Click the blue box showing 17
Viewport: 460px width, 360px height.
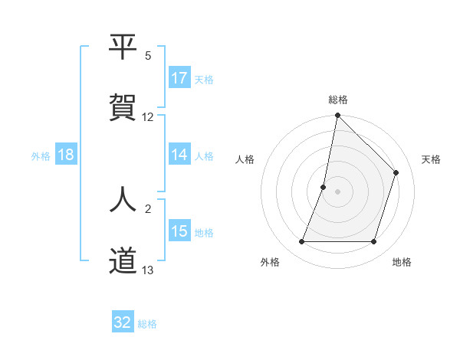pos(179,78)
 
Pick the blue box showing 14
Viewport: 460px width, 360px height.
pos(179,155)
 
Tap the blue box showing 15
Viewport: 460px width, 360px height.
pos(179,232)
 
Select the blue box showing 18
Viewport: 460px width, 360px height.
pos(66,155)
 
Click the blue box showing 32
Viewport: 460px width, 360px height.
pos(123,322)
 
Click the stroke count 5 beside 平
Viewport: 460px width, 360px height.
pos(148,55)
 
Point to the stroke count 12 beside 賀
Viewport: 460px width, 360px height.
pos(148,117)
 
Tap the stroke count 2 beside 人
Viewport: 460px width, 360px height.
pos(148,208)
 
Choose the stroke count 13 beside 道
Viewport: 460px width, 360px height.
pos(148,270)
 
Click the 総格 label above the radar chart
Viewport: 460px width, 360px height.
pos(338,100)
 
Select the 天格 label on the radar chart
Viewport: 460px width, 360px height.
pos(431,159)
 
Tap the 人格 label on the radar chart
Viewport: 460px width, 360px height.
pos(245,159)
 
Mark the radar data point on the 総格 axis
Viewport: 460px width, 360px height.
pos(337,116)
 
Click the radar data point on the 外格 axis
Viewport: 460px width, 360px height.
pos(301,242)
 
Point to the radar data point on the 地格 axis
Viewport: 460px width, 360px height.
pos(374,242)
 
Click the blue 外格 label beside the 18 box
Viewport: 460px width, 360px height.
pos(41,155)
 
